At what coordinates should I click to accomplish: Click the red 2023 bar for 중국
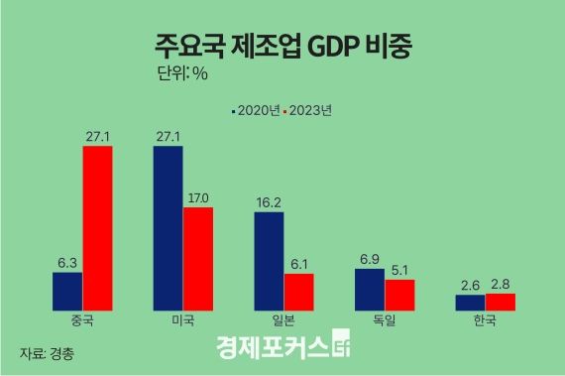click(x=97, y=227)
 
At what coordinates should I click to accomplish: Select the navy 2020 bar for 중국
click(x=67, y=290)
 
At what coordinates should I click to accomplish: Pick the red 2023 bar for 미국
click(x=198, y=258)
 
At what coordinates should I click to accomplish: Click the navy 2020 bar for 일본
click(x=269, y=260)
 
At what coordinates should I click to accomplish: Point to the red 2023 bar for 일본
click(x=298, y=291)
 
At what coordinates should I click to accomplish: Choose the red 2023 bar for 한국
click(x=501, y=301)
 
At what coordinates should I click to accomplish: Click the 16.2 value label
click(x=269, y=202)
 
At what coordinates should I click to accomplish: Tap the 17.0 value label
click(x=198, y=197)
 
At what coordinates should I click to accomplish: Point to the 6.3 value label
click(x=67, y=263)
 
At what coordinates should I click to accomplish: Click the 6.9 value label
click(x=370, y=259)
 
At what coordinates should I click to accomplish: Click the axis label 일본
click(x=283, y=321)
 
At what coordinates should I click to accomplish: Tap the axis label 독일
click(x=385, y=321)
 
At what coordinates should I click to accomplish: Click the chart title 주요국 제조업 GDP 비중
click(x=282, y=46)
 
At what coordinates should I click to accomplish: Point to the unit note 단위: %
click(x=183, y=73)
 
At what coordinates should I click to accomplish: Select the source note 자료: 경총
click(x=47, y=352)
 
